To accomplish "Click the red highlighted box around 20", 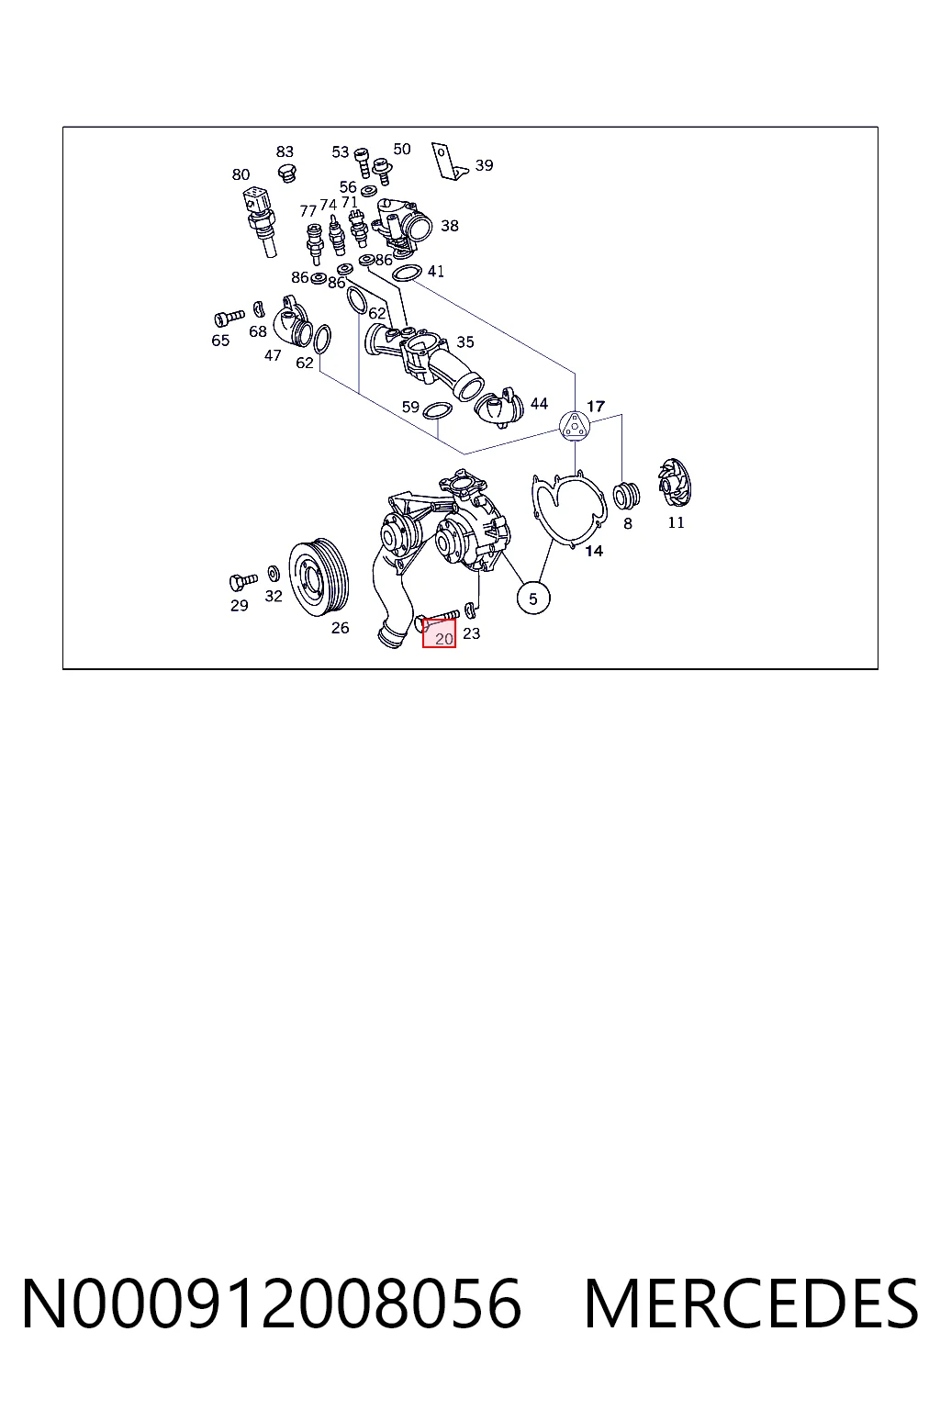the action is [x=439, y=632].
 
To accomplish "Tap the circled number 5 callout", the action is [x=533, y=598].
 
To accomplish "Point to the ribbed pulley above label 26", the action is [x=319, y=576].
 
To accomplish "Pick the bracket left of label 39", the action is [x=449, y=162].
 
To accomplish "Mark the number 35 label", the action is [x=465, y=341].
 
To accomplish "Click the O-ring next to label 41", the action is [x=406, y=274].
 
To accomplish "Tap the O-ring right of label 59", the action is [x=437, y=411].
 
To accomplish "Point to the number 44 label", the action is [x=539, y=404].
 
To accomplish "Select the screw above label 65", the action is [x=229, y=318].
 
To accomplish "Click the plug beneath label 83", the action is [x=287, y=173].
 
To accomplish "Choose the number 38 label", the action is [x=450, y=225].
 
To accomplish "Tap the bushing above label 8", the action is [x=627, y=497].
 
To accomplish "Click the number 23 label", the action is [x=472, y=633].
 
